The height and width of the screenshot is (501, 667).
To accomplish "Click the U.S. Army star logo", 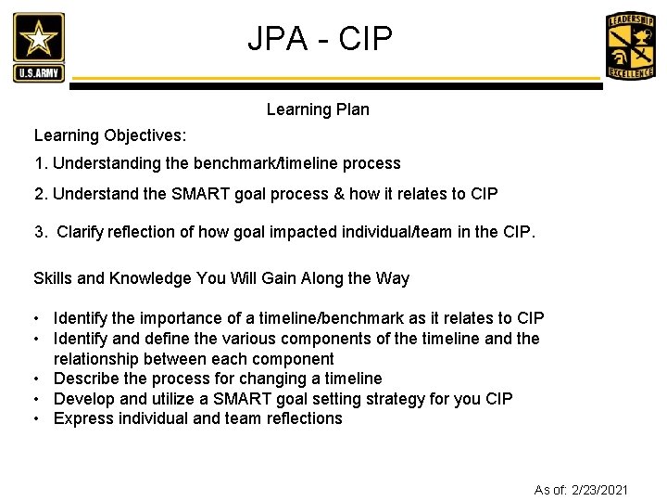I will click(x=39, y=47).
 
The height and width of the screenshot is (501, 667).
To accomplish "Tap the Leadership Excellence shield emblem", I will click(x=630, y=46).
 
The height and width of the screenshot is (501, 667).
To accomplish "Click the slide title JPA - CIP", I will click(x=320, y=39).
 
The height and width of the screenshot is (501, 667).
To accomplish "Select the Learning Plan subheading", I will click(x=318, y=109).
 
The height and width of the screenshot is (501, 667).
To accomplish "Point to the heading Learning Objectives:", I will click(x=110, y=135).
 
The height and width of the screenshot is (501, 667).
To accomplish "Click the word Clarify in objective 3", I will click(x=82, y=232).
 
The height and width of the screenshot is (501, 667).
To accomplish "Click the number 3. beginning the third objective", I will click(x=41, y=232).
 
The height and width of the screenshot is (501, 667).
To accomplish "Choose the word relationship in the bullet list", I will click(x=97, y=359).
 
